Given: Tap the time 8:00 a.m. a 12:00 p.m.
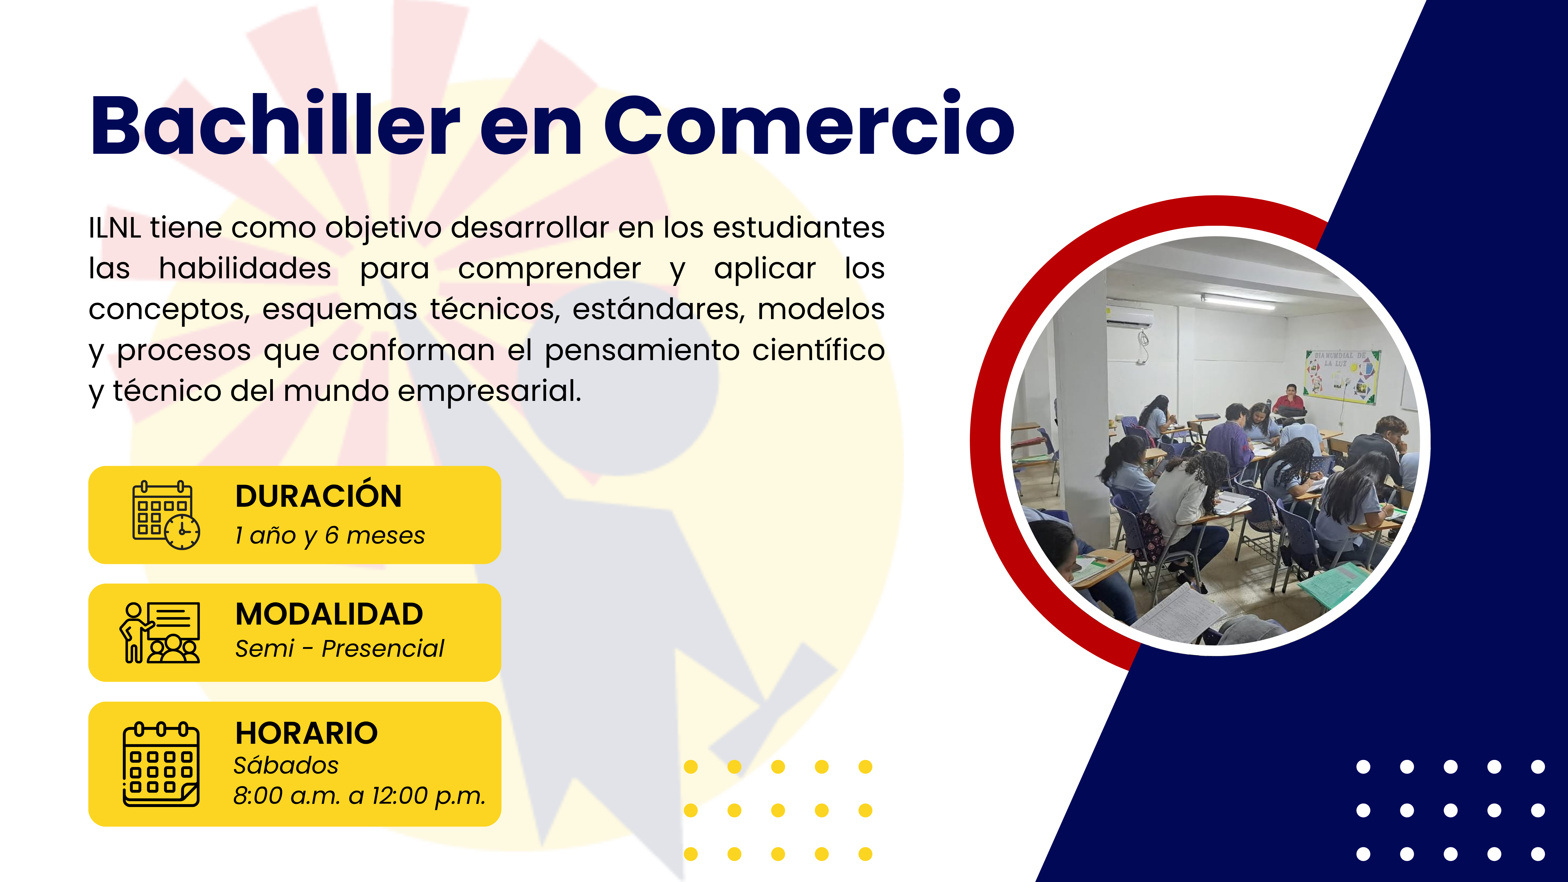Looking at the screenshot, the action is point(359,796).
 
